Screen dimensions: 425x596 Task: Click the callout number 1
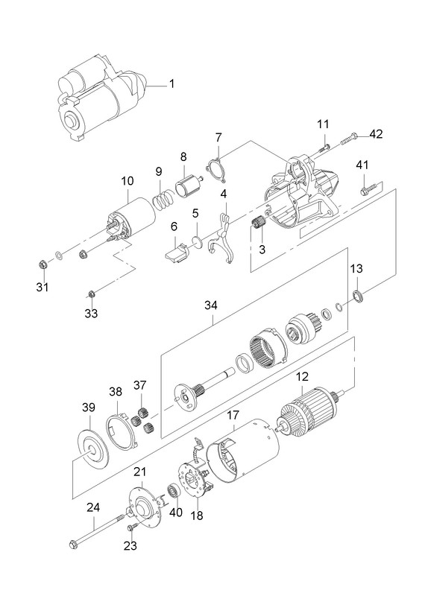click(x=171, y=83)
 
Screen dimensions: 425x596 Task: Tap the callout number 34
click(x=211, y=305)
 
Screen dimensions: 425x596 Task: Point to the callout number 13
click(x=357, y=268)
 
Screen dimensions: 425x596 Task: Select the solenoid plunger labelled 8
click(x=188, y=186)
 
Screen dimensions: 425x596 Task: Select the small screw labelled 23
click(x=131, y=527)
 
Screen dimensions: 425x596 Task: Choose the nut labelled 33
click(x=91, y=294)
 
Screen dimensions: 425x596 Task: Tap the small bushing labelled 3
click(x=259, y=221)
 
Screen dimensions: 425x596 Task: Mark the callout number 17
click(x=233, y=415)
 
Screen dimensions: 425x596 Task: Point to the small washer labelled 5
click(x=197, y=241)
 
